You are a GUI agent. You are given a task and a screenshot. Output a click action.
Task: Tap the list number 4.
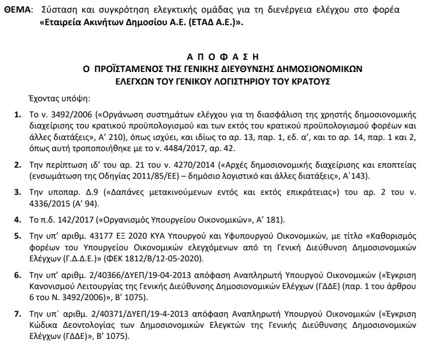(18, 220)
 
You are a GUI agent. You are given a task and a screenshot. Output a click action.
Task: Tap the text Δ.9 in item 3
(89, 193)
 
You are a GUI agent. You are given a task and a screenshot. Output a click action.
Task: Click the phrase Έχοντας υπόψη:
(55, 99)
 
